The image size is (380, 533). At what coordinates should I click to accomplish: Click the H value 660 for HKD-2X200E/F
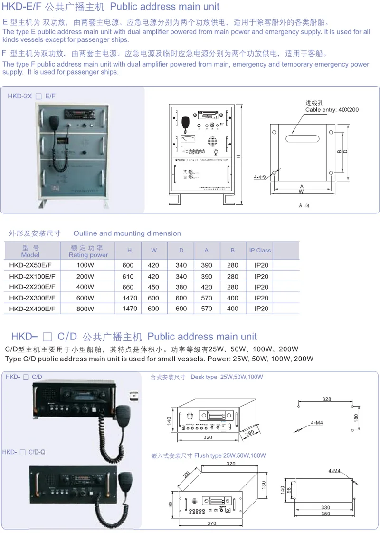pyautogui.click(x=130, y=287)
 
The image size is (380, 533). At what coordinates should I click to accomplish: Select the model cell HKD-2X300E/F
pyautogui.click(x=32, y=298)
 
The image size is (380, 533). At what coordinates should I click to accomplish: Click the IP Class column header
pyautogui.click(x=260, y=250)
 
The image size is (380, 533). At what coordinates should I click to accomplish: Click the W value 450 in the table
pyautogui.click(x=153, y=287)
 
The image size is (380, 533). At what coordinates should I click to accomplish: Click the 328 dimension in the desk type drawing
pyautogui.click(x=326, y=399)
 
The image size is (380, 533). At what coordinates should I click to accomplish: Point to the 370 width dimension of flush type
pyautogui.click(x=212, y=523)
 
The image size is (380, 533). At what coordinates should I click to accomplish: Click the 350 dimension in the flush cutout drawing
pyautogui.click(x=325, y=514)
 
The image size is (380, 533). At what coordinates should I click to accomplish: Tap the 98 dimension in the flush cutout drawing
pyautogui.click(x=289, y=491)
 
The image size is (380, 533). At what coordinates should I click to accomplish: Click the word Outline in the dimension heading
pyautogui.click(x=85, y=233)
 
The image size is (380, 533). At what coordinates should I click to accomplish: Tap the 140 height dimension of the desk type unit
pyautogui.click(x=169, y=420)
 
